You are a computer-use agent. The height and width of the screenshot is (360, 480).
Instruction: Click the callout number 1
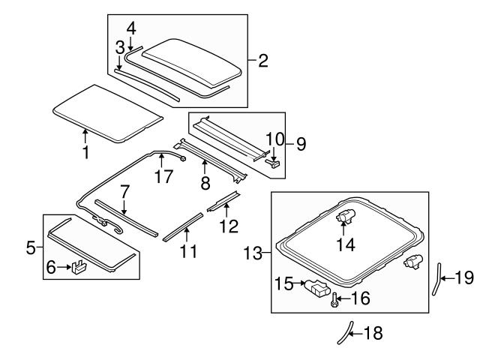tap(85, 153)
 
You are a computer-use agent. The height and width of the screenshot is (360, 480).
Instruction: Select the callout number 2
tap(262, 60)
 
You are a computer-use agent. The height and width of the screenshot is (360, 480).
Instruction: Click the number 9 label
tap(301, 143)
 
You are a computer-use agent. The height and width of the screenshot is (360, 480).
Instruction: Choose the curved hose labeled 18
tap(344, 330)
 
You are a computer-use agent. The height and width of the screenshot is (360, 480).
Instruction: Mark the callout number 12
tap(229, 224)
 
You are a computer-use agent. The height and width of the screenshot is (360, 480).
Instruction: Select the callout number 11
tap(188, 251)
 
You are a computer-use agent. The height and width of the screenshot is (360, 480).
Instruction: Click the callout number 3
tap(119, 48)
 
